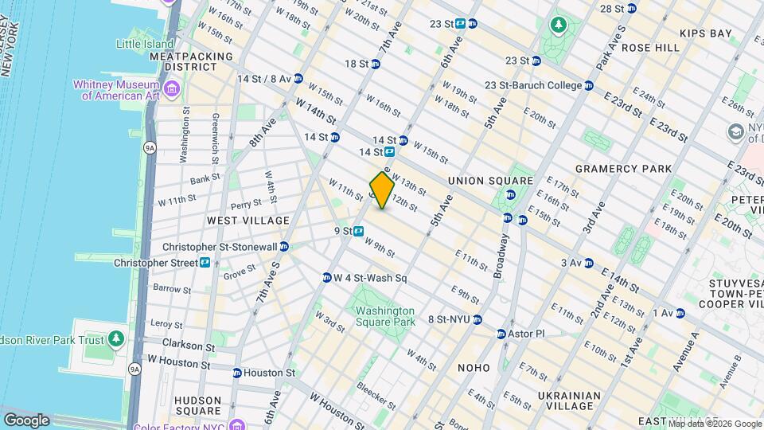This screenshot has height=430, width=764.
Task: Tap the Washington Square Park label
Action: [385, 316]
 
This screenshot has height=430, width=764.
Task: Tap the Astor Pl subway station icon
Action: [501, 334]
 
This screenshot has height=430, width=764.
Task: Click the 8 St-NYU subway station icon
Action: [477, 320]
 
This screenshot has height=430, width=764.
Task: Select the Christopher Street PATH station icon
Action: [206, 262]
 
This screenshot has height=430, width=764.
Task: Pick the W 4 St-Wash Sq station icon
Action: [326, 278]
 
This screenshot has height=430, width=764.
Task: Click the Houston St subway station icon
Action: [237, 373]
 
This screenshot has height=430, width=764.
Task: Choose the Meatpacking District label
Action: [191, 62]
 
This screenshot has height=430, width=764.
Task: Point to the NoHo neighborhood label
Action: [474, 367]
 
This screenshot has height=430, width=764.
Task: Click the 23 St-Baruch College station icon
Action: [589, 85]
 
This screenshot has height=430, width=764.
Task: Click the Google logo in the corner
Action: [26, 420]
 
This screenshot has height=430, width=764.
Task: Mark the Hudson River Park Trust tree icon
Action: [117, 340]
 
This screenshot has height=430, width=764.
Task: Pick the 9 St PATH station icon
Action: [359, 231]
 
